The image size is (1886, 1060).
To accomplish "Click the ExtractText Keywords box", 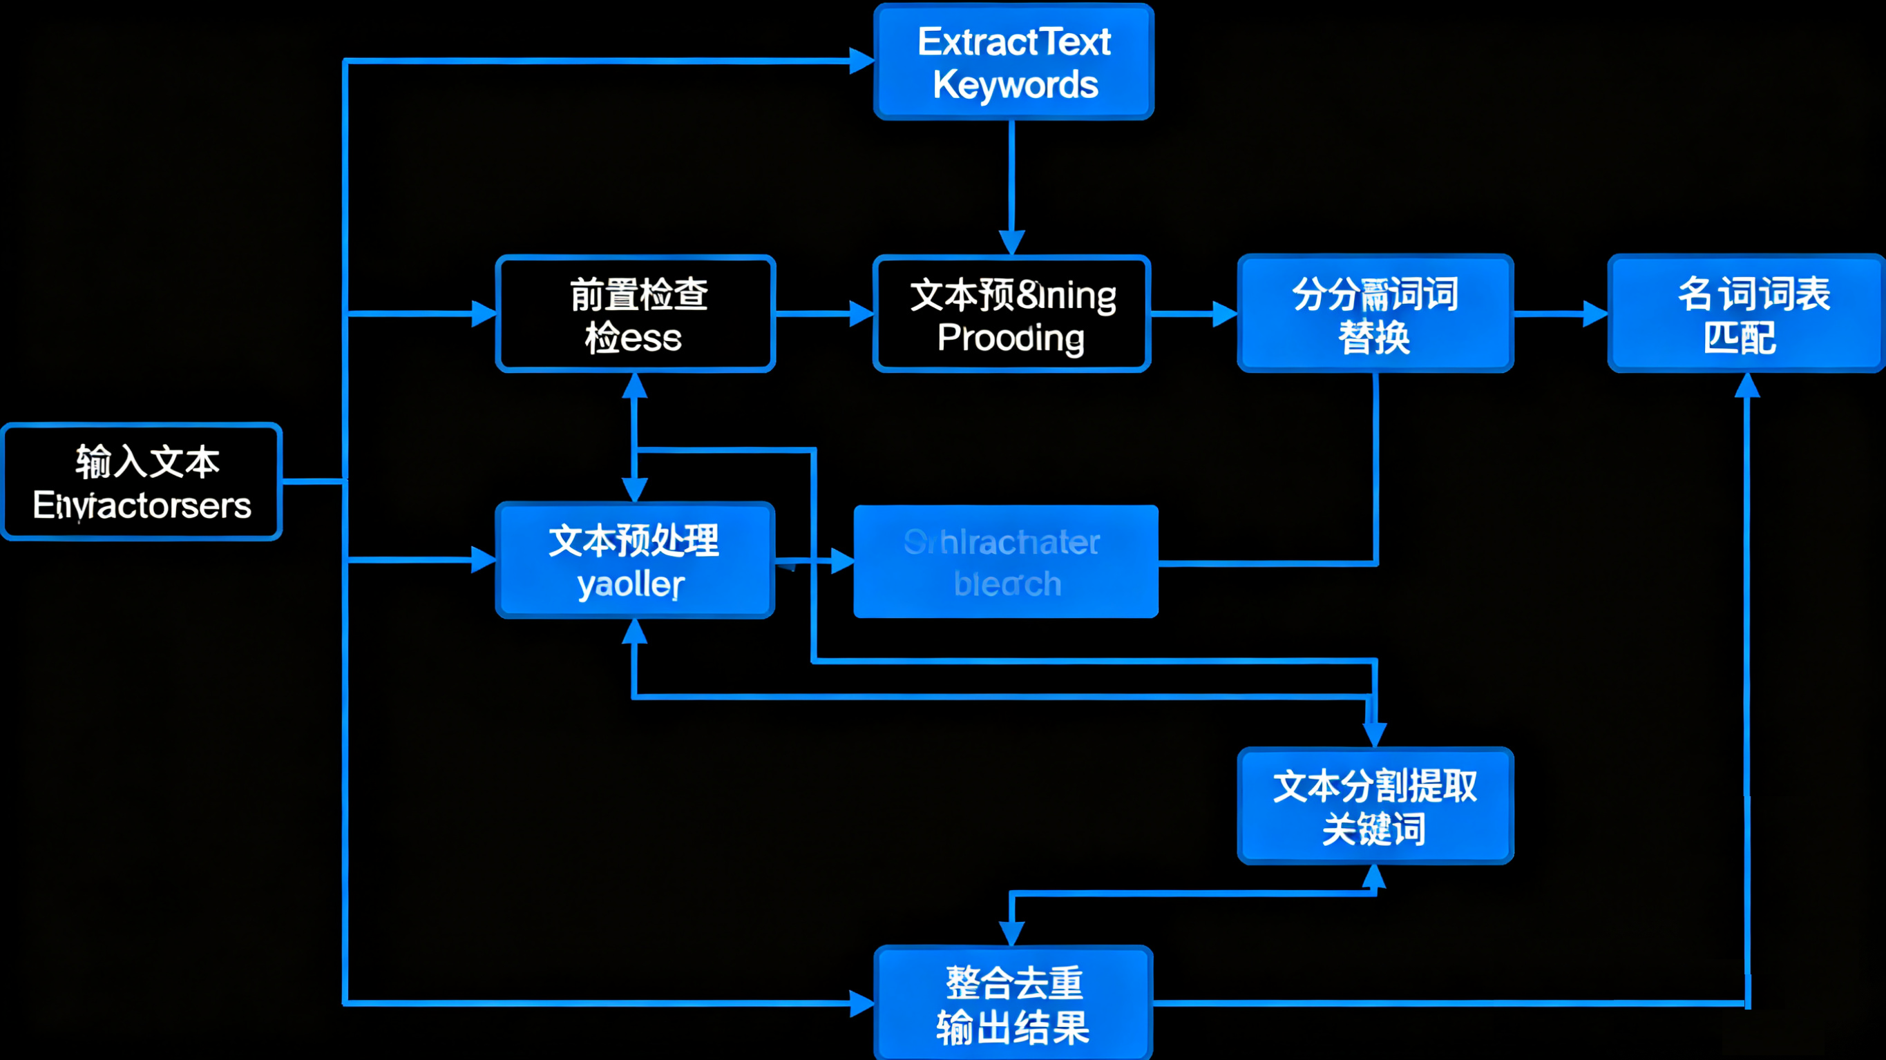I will click(x=1013, y=61).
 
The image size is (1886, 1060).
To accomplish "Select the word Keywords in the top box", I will click(x=1015, y=85).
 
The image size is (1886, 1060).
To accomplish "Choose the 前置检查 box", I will click(x=636, y=314).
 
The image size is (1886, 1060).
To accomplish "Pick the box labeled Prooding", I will click(x=1012, y=314).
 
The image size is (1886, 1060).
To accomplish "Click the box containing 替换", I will click(x=1375, y=314).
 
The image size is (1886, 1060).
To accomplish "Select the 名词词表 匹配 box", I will click(x=1746, y=314).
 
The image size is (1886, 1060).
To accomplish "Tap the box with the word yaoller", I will click(x=634, y=561).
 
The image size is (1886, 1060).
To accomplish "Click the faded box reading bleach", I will click(x=1006, y=562).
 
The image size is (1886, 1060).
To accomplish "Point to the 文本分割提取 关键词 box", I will click(x=1375, y=805).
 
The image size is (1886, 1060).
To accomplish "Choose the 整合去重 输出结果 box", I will click(x=1013, y=1003).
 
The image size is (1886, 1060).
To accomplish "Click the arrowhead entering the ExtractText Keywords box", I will click(x=862, y=61).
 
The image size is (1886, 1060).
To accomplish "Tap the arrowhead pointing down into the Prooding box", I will click(x=1012, y=242).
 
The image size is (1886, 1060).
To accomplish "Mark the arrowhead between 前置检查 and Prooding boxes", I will click(x=861, y=314).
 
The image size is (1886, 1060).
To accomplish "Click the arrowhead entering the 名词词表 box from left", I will click(x=1595, y=314).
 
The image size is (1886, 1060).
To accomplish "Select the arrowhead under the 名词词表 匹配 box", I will click(x=1747, y=385).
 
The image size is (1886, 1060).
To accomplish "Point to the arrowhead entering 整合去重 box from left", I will click(x=861, y=1003).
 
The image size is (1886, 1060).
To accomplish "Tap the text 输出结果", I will click(x=1013, y=1027).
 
